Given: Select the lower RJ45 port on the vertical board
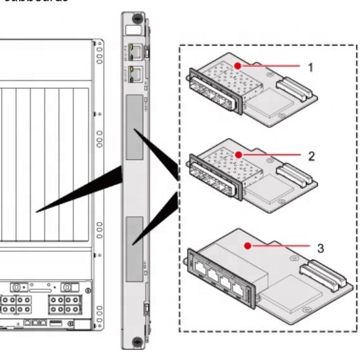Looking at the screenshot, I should (135, 71).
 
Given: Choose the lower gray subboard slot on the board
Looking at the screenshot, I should (135, 248).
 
